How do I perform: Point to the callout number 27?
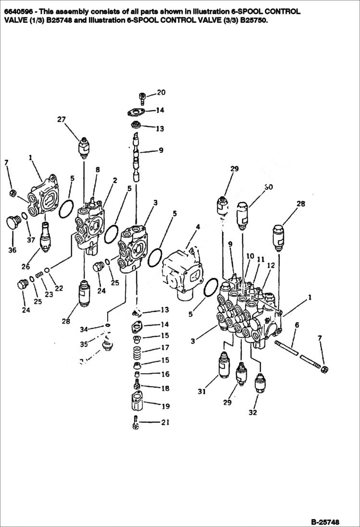click(62, 120)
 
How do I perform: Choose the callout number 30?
click(268, 187)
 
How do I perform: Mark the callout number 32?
click(253, 412)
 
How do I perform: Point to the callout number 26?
click(25, 267)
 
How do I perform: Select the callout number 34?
click(84, 329)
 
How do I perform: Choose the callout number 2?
click(115, 180)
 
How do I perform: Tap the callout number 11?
click(260, 259)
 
